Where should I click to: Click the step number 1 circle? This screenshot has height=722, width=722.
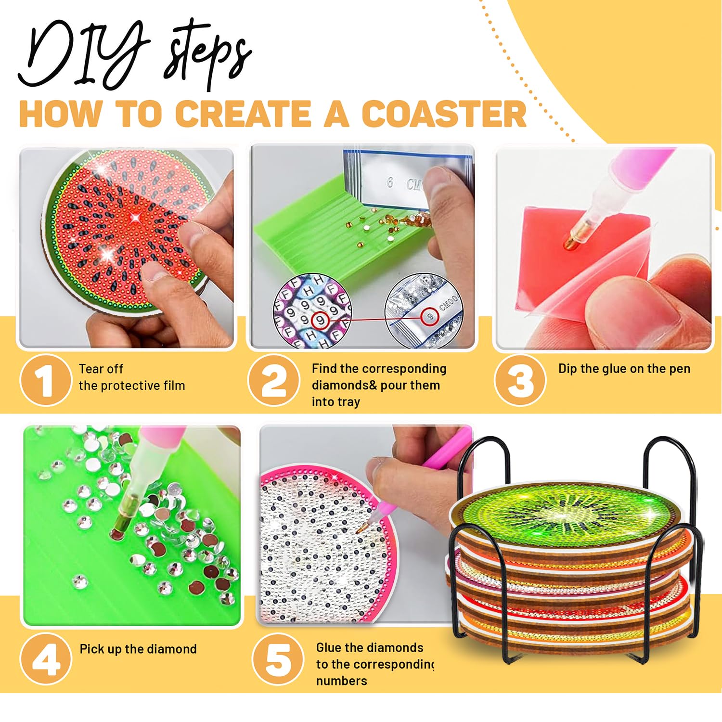[45, 380]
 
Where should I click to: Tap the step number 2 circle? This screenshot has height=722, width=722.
[273, 380]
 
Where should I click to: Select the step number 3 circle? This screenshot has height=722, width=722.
[520, 380]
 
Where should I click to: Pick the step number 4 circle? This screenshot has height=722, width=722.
[46, 658]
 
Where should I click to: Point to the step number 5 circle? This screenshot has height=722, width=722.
[278, 658]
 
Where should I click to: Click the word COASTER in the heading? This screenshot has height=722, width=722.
[444, 114]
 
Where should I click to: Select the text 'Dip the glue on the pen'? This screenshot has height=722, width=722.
[624, 369]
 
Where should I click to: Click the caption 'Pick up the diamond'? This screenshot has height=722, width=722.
[138, 649]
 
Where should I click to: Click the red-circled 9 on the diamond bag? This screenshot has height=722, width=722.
[430, 317]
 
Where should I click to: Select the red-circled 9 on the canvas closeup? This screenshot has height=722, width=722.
[320, 320]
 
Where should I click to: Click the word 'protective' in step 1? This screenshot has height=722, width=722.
[133, 386]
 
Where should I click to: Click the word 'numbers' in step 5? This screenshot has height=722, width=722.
[342, 681]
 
